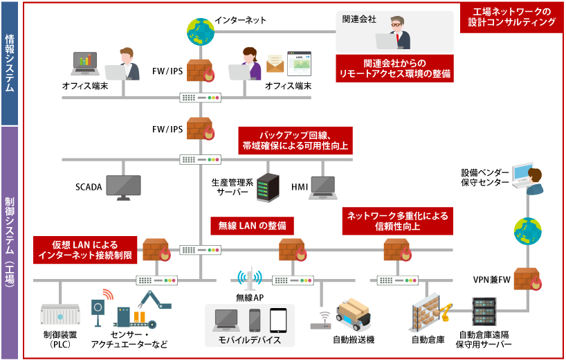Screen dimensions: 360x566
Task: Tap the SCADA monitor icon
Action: tap(123, 185)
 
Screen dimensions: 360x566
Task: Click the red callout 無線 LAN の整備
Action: tap(252, 226)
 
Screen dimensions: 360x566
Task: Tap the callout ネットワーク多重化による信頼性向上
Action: tap(397, 221)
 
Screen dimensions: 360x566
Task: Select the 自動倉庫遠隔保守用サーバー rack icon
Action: tap(484, 313)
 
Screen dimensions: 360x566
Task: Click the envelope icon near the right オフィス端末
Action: tap(275, 64)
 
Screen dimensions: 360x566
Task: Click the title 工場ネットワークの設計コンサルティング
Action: tap(511, 17)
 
